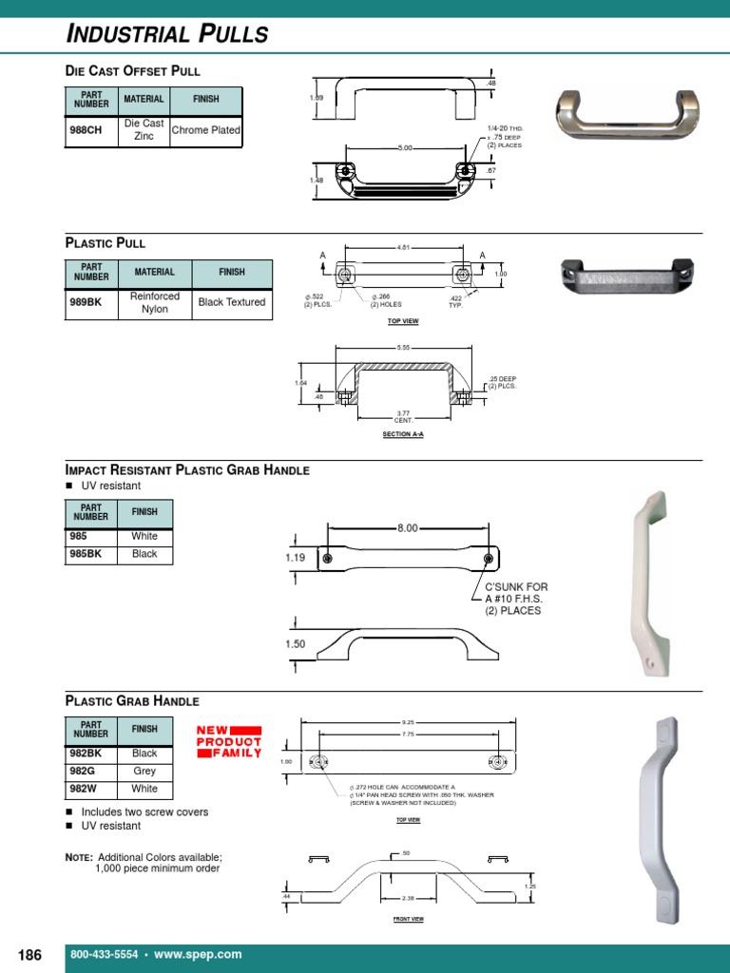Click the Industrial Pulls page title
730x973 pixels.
[x=167, y=35]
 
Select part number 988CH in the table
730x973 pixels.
[x=86, y=130]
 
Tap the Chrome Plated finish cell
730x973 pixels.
[x=205, y=130]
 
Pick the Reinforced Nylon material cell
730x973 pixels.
[x=155, y=302]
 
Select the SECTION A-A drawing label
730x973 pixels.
[x=404, y=434]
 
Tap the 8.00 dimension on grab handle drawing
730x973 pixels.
[x=407, y=528]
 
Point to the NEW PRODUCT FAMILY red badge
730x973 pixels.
[x=228, y=741]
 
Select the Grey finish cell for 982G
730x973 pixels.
[x=145, y=771]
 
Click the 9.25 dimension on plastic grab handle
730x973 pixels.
[x=408, y=722]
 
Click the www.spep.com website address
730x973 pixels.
[x=198, y=954]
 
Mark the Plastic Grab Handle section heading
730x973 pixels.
[x=132, y=701]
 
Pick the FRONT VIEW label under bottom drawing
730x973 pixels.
[x=408, y=919]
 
